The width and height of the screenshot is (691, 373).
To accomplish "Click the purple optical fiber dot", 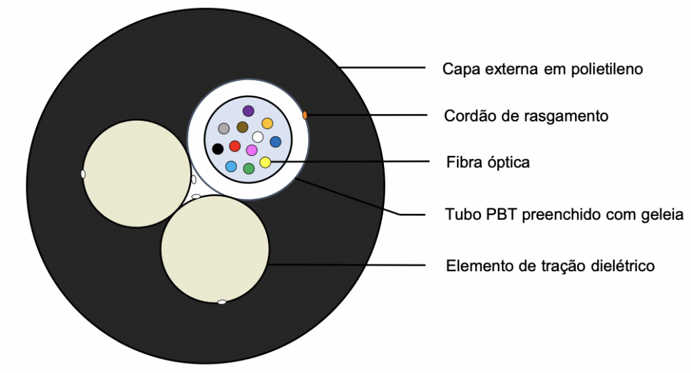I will (248, 111).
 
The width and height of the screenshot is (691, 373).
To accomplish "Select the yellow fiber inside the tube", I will (265, 162).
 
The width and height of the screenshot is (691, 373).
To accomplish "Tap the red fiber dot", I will (235, 146).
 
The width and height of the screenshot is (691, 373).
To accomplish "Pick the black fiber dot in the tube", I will (217, 148).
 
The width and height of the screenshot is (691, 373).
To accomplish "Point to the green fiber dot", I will (248, 168).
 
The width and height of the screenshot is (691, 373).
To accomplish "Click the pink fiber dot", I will (252, 150).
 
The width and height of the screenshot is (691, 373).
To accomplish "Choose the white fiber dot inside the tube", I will (258, 137).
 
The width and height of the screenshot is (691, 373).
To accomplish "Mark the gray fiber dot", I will (223, 128).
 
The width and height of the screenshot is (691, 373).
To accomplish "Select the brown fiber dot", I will (242, 127).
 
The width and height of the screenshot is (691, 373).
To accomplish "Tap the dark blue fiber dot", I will (275, 142).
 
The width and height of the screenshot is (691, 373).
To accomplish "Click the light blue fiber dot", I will (231, 166).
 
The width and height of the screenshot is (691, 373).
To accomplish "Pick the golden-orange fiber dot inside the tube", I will (267, 123).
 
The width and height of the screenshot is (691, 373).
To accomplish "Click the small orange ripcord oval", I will (305, 115).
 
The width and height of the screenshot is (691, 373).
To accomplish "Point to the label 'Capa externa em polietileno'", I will (543, 69).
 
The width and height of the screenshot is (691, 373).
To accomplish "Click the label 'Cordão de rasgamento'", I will (526, 116).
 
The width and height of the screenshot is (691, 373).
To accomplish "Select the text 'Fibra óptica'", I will (488, 163).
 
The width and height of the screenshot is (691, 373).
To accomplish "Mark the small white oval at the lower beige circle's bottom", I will (221, 302).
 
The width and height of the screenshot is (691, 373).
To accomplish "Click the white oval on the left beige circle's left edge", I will (83, 174).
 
